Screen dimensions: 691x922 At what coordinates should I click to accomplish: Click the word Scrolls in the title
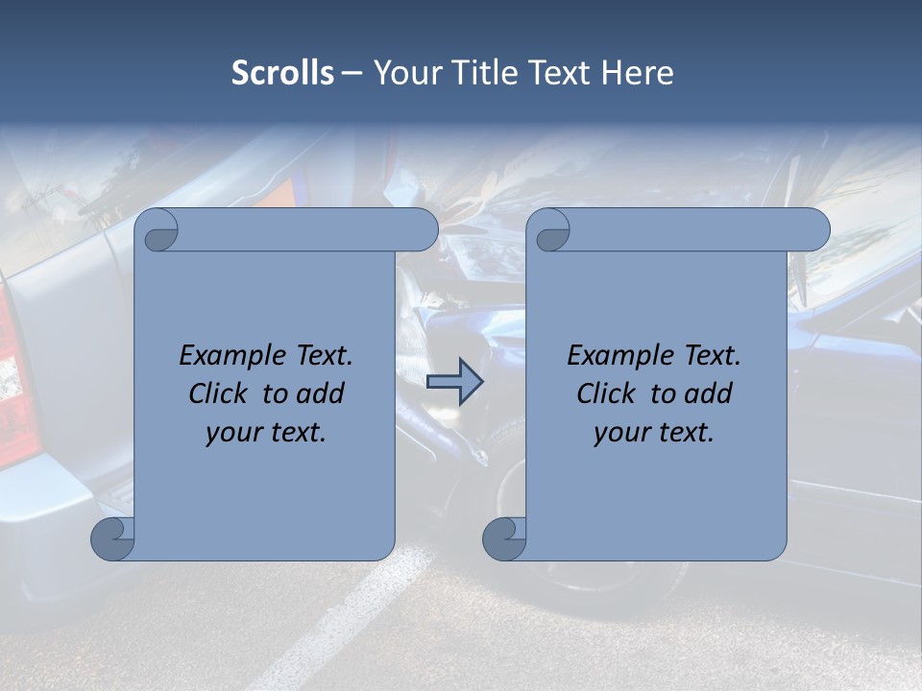(282, 73)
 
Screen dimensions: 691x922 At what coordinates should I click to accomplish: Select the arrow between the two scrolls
(454, 382)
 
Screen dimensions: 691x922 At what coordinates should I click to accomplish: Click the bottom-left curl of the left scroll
(112, 537)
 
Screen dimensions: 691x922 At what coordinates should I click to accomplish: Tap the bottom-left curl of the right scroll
(503, 537)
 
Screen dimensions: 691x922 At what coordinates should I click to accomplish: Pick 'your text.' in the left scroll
(266, 433)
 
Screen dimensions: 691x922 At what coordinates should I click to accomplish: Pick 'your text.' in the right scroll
(654, 433)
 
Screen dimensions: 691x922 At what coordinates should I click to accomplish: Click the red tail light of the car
(12, 384)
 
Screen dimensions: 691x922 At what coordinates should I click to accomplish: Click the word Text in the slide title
(555, 73)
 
